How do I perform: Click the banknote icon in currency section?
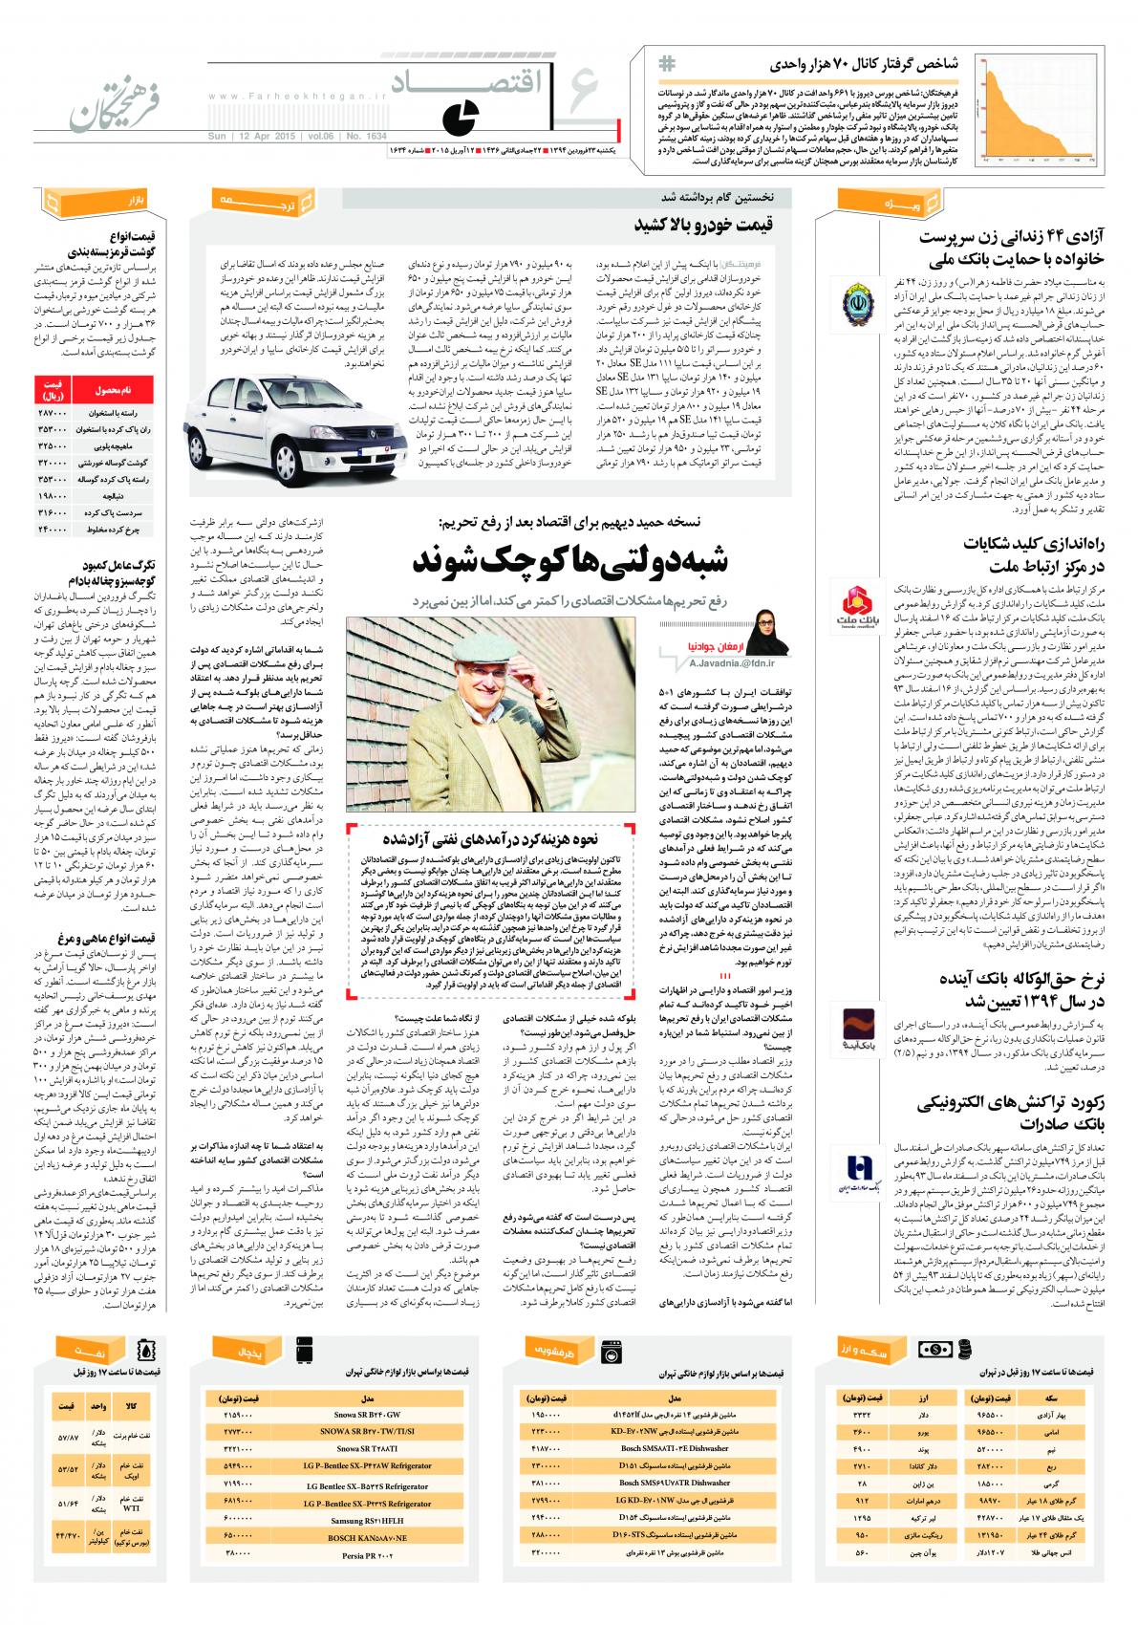click(x=936, y=1349)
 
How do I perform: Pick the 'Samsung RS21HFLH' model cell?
click(x=368, y=1519)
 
